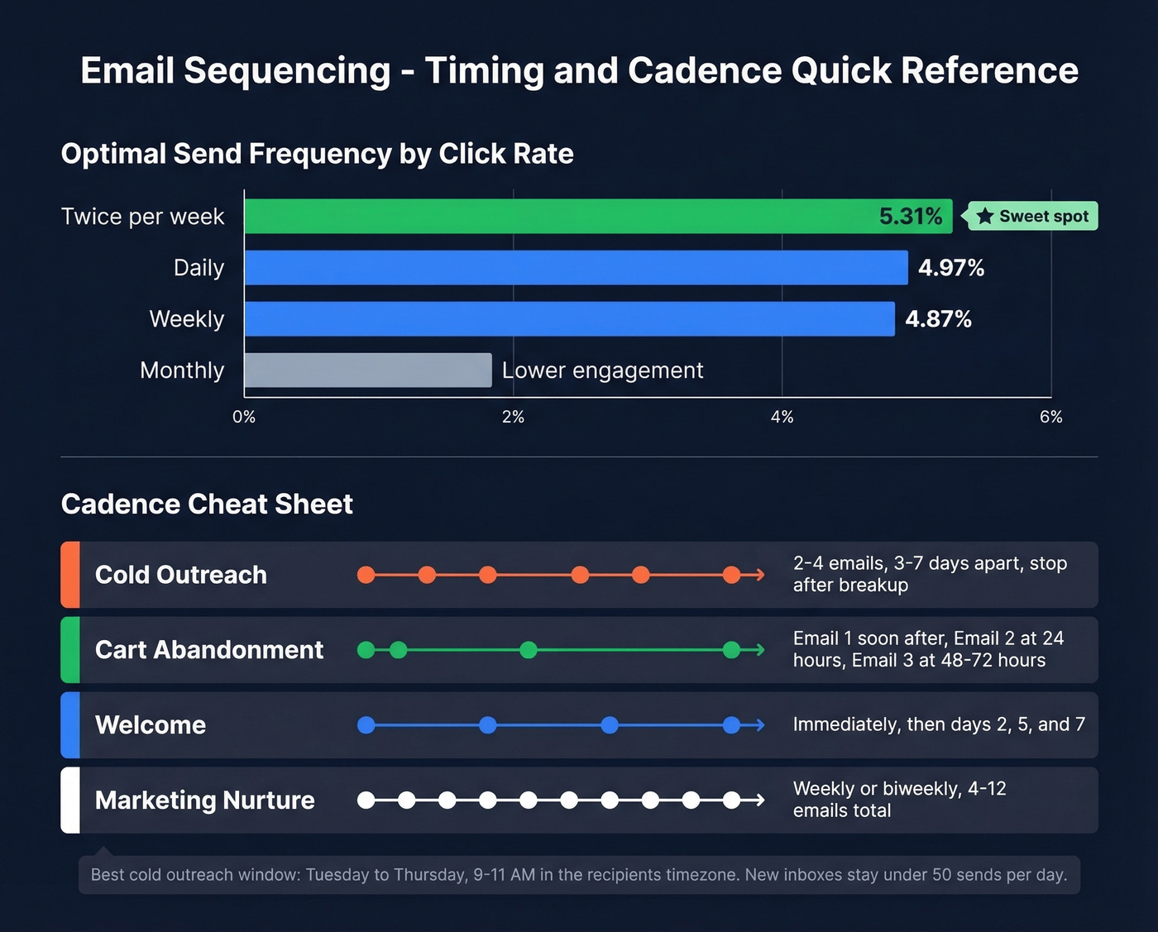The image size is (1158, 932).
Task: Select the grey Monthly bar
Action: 368,370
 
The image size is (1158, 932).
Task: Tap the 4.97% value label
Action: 951,268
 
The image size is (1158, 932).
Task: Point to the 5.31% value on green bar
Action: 911,217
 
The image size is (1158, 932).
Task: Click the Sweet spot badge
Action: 1033,217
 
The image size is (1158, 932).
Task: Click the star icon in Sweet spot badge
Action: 984,217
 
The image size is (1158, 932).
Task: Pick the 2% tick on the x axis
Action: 513,417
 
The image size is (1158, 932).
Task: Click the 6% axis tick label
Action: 1050,417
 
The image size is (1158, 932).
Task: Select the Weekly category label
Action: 187,319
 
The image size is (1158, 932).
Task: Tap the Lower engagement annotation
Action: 602,370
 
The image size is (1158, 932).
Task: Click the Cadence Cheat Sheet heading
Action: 207,504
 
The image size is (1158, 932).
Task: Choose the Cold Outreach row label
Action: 181,575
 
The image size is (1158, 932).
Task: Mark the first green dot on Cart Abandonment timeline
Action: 366,650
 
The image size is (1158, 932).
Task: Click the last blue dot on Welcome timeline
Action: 731,725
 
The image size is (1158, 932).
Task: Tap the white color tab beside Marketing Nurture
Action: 70,800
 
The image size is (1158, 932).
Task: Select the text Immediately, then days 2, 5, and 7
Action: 939,724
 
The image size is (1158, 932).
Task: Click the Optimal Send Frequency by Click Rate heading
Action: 317,154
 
